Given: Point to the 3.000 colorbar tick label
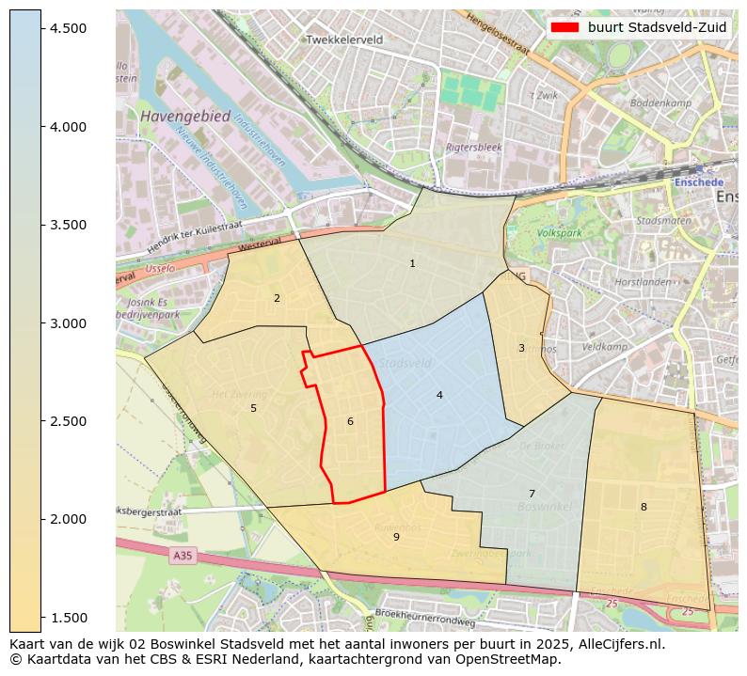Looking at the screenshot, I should tap(69, 323).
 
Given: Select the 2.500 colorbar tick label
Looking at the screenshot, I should tap(69, 421).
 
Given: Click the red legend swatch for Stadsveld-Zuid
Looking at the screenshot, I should tap(564, 27).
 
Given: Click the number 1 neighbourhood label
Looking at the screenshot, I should tap(412, 264).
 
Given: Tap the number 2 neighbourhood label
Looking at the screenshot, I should tap(277, 299).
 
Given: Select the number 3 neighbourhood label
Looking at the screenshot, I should tap(521, 349).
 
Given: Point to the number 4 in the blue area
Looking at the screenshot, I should tap(439, 396).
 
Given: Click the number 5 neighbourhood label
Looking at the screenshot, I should tap(253, 409).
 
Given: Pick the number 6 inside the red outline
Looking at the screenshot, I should tap(350, 422).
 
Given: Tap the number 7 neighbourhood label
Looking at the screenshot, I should tap(532, 495).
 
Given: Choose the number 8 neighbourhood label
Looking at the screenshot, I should tap(644, 508).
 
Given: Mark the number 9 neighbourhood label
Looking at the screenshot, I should tap(396, 538).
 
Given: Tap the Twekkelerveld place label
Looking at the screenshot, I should tap(344, 40).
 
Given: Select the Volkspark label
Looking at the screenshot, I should tap(559, 233).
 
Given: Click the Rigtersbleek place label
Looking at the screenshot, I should tap(473, 148).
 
